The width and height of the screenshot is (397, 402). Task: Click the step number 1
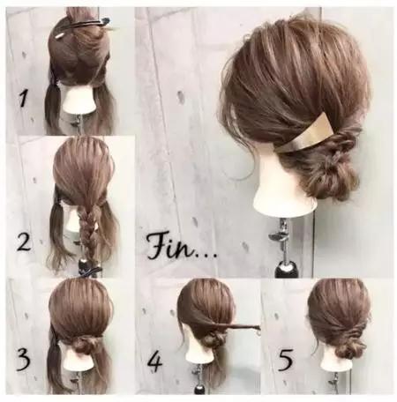24,98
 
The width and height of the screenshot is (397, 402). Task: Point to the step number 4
154,361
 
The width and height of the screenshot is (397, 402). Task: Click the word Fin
170,246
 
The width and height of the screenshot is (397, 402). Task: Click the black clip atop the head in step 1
88,24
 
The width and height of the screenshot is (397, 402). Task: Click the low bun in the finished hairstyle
338,176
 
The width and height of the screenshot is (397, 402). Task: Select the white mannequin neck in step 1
79,101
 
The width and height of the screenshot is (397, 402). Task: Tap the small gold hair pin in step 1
59,36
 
